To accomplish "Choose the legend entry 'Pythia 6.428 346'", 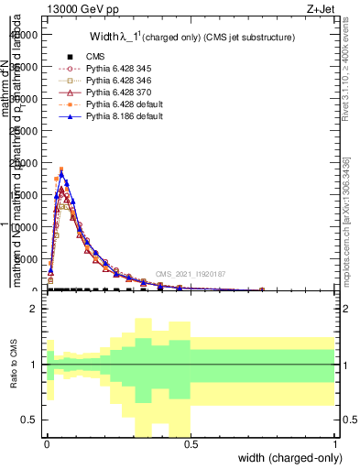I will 109,81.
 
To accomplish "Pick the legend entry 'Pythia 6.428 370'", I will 109,93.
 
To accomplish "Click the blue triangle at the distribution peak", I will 61,170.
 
